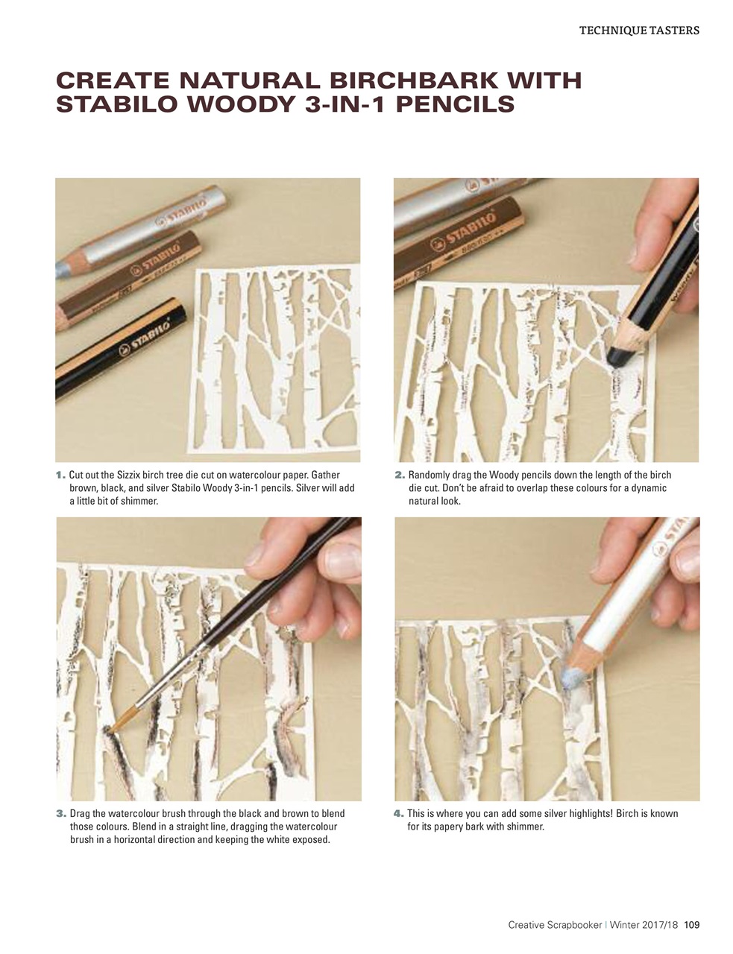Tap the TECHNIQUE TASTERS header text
click(x=639, y=31)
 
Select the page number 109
click(x=691, y=925)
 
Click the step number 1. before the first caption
click(x=60, y=475)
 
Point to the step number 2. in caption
click(x=399, y=475)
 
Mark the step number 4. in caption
click(x=399, y=814)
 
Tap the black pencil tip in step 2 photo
click(x=617, y=356)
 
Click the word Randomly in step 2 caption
click(x=430, y=475)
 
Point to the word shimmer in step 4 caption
click(x=525, y=827)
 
